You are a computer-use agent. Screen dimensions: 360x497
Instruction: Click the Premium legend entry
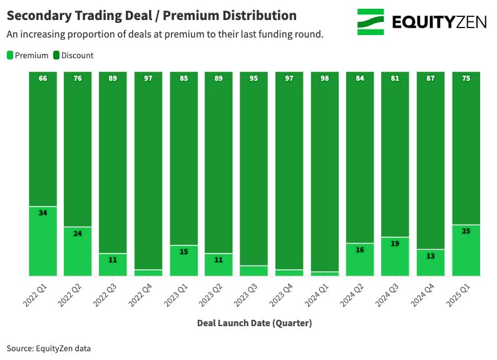pos(28,55)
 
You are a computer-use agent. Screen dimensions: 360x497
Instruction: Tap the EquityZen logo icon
pos(371,22)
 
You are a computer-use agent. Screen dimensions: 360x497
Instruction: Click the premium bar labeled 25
pos(466,250)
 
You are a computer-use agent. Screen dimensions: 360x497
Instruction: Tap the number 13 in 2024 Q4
pos(431,255)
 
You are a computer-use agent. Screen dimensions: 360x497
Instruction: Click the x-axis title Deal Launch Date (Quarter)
pos(254,323)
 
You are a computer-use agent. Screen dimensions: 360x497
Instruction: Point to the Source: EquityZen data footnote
pos(49,348)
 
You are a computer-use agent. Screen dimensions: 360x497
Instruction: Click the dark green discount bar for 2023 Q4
pos(289,169)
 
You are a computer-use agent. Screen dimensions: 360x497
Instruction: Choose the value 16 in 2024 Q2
pos(360,250)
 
